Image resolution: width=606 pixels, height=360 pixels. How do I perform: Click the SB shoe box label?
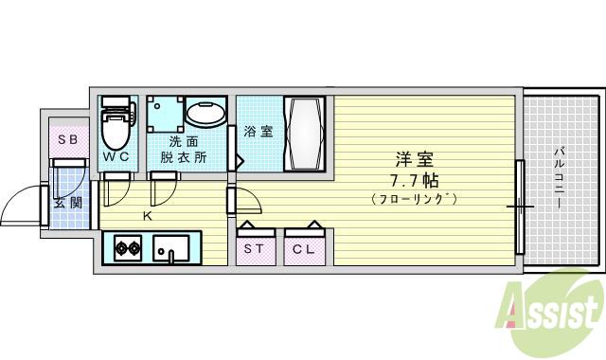[x=67, y=140]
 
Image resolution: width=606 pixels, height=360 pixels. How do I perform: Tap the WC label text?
[x=117, y=157]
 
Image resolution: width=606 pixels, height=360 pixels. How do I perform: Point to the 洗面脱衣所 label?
[x=184, y=150]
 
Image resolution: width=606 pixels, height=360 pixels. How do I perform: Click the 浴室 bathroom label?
[x=258, y=132]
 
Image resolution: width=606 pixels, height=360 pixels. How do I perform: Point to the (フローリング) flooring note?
[x=414, y=199]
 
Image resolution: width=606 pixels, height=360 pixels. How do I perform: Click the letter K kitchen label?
[x=147, y=216]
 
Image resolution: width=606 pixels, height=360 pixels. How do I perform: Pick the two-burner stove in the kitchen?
[x=128, y=250]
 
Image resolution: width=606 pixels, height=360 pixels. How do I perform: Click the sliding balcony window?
[x=519, y=207]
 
